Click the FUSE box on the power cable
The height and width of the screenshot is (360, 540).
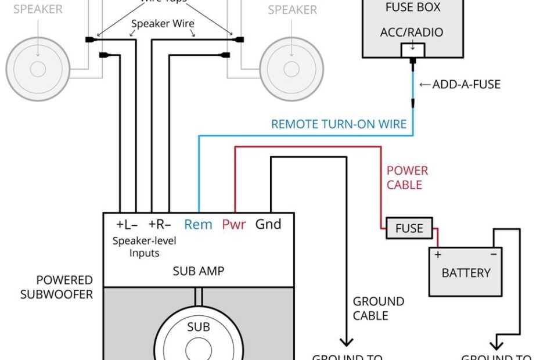(409, 228)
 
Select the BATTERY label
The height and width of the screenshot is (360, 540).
(466, 272)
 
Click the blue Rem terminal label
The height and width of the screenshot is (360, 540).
(198, 224)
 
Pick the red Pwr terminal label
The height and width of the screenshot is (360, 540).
(234, 224)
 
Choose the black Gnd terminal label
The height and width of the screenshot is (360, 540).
(268, 224)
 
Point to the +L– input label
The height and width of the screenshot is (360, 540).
(128, 224)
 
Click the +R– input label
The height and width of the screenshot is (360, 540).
(160, 224)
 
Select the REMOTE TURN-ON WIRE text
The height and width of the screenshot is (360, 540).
(339, 124)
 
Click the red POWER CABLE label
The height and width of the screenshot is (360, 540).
(407, 178)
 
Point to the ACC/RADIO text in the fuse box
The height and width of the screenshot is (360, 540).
(411, 32)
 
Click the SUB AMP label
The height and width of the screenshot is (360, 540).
(199, 271)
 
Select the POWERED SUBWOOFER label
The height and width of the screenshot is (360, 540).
(57, 287)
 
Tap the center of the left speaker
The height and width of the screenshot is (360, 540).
(38, 69)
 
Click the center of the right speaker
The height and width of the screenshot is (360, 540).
(291, 69)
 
